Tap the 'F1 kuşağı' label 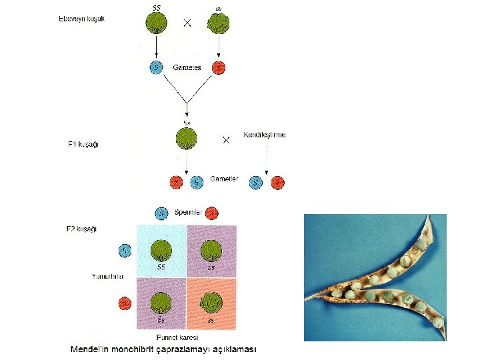[x=83, y=145]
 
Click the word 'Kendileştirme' [x=265, y=135]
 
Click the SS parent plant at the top [x=157, y=24]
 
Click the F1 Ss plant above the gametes [x=187, y=139]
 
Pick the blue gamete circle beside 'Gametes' [x=157, y=67]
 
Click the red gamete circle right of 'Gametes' [x=218, y=67]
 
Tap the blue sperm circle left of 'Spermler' [x=161, y=213]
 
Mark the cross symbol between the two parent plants [x=187, y=23]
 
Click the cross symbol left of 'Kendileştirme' [x=226, y=140]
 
